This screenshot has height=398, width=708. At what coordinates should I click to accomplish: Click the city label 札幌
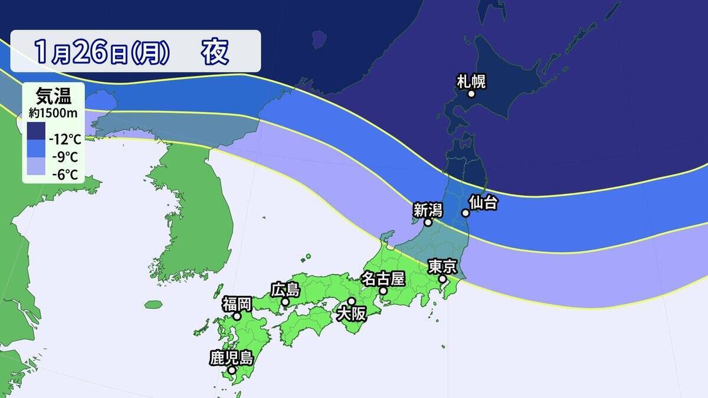coord(471,81)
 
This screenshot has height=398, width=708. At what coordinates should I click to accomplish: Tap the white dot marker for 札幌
coord(471,94)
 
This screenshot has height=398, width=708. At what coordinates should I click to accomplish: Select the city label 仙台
coord(483,203)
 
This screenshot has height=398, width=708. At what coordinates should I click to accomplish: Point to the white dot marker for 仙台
coord(466,213)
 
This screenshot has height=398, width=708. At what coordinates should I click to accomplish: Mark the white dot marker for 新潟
coord(428,223)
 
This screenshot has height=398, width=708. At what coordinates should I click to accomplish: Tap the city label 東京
coord(442,267)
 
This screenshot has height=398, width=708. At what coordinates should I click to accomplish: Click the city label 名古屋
coord(382,278)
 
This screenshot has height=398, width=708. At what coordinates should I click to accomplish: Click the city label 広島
coord(285,290)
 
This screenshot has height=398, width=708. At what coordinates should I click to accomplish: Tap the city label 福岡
coord(237,304)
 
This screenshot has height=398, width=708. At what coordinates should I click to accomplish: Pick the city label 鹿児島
coord(231,357)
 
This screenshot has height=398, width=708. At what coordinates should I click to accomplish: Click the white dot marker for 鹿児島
coord(232,370)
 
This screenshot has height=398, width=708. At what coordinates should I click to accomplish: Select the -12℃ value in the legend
coord(65,140)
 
